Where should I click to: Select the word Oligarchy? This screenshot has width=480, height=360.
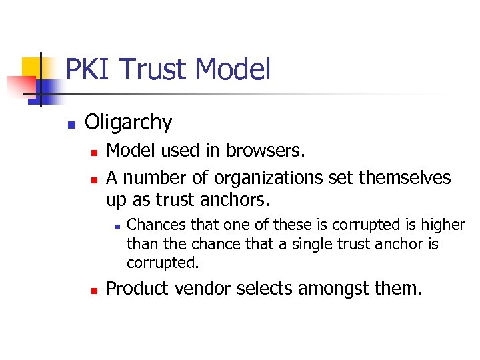click(x=129, y=123)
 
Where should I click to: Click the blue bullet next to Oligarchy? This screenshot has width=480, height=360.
click(x=71, y=124)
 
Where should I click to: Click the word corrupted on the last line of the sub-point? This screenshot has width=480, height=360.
click(x=163, y=263)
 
